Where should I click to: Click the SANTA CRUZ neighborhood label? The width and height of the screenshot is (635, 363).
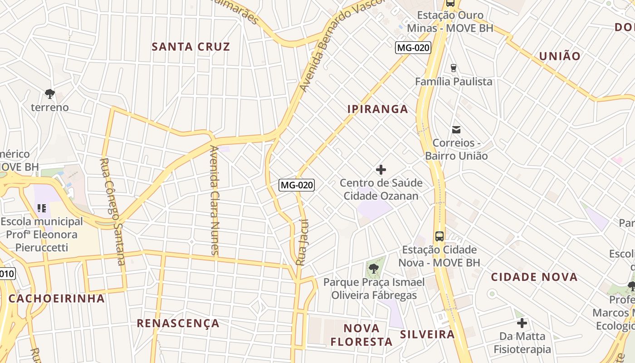click(x=191, y=47)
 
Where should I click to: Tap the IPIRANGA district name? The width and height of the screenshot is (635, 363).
click(x=378, y=109)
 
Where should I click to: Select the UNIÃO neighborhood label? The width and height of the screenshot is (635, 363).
click(x=560, y=56)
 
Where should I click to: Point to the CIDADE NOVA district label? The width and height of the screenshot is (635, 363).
click(x=534, y=277)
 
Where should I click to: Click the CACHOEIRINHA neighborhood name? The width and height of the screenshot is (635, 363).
click(x=57, y=299)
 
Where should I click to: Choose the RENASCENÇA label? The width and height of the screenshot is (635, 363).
click(x=178, y=323)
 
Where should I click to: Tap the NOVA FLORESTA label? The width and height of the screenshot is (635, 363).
click(x=361, y=335)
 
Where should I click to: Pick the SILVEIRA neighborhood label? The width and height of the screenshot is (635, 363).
click(x=427, y=334)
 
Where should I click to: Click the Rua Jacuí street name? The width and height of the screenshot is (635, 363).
click(x=302, y=242)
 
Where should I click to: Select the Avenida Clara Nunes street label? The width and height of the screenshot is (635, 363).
click(x=215, y=200)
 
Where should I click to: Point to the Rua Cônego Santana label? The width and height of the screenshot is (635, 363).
click(x=112, y=211)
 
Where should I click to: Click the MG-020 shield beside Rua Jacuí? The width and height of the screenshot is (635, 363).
click(x=296, y=185)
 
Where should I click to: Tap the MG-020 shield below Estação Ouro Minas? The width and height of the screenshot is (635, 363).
click(x=413, y=48)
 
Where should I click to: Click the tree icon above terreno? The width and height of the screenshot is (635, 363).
click(x=50, y=94)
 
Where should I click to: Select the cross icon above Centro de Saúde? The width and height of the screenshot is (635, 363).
click(x=381, y=170)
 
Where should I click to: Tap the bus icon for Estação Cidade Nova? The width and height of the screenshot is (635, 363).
click(x=439, y=236)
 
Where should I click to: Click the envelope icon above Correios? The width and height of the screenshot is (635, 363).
click(x=456, y=130)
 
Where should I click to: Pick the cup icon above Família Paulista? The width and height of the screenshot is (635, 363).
click(x=453, y=68)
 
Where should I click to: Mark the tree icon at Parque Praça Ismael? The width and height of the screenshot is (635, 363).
click(x=374, y=269)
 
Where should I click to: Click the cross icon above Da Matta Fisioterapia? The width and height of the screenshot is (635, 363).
click(x=522, y=323)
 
